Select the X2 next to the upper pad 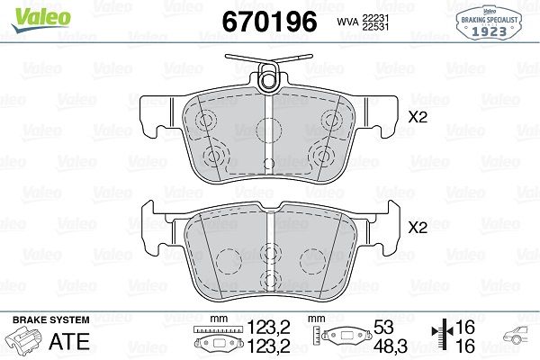pyautogui.click(x=418, y=116)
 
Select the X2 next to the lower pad pyautogui.click(x=418, y=229)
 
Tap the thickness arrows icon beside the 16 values pyautogui.click(x=441, y=337)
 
